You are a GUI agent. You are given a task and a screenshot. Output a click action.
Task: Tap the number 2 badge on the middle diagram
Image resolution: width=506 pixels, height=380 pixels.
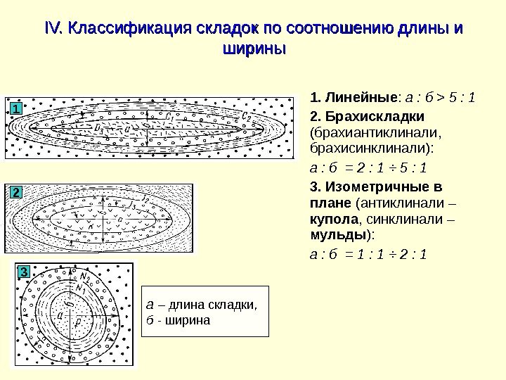coord(16,191)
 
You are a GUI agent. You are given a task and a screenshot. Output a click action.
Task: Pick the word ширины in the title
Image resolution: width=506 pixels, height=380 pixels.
coord(254,50)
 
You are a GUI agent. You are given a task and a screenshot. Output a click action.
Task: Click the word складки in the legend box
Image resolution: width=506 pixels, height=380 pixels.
coord(233,305)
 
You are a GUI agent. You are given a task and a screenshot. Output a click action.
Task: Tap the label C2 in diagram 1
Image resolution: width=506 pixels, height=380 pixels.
coord(247,115)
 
